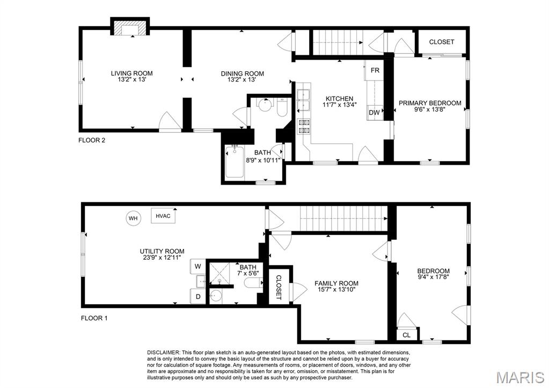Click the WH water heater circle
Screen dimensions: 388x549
click(x=133, y=218)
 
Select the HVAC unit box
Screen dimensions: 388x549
click(x=163, y=216)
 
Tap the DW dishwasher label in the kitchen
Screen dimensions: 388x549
click(x=374, y=112)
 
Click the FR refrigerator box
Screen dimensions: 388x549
click(x=374, y=71)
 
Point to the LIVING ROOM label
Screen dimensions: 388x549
click(x=131, y=74)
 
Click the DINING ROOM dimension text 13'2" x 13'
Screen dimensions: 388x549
click(x=242, y=80)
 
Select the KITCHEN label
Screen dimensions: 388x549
click(x=340, y=99)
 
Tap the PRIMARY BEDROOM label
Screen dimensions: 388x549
click(x=429, y=103)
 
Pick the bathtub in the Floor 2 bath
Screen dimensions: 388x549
click(x=235, y=162)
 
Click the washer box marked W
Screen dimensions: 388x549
click(x=198, y=266)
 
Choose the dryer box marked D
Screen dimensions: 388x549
click(x=198, y=296)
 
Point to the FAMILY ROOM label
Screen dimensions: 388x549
click(x=336, y=283)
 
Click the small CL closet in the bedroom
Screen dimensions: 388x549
click(x=406, y=335)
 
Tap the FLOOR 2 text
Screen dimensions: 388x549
click(x=92, y=141)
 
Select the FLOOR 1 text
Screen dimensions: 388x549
click(x=94, y=318)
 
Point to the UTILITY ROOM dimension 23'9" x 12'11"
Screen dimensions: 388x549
click(x=162, y=258)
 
